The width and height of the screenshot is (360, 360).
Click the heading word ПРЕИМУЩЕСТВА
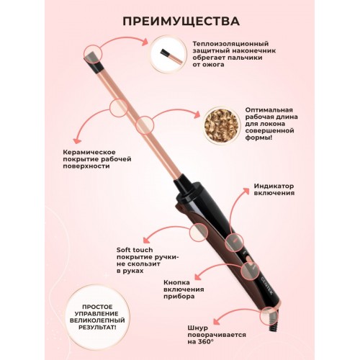tap(180, 19)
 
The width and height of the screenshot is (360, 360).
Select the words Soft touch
tap(135, 249)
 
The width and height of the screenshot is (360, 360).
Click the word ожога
tap(212, 65)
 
